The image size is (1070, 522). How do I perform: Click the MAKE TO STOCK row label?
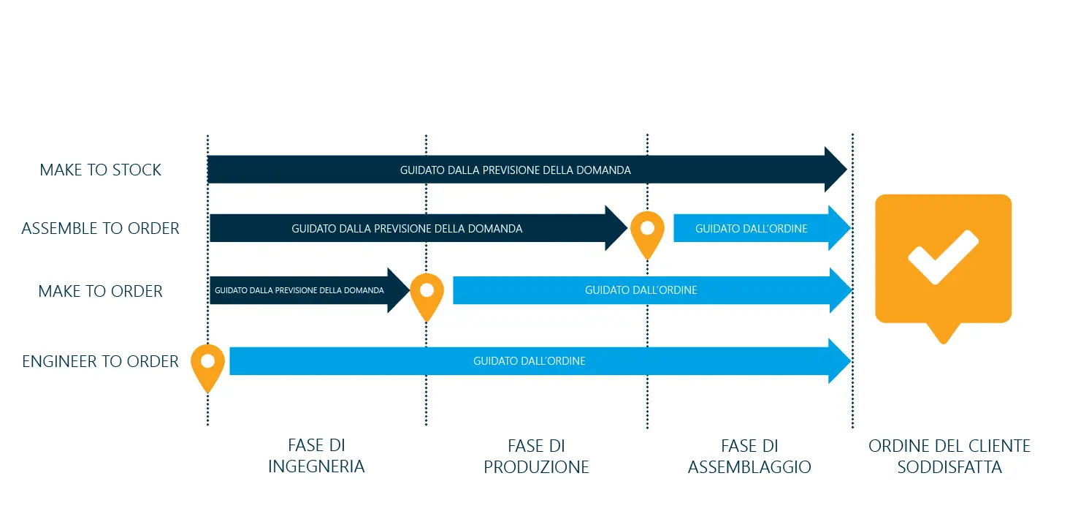pyautogui.click(x=100, y=170)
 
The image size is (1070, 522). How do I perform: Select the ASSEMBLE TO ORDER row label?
pyautogui.click(x=100, y=229)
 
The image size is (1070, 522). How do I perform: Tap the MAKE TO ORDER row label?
pyautogui.click(x=100, y=292)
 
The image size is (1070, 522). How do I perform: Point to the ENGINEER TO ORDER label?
pyautogui.click(x=100, y=362)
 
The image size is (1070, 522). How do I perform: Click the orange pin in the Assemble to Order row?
pyautogui.click(x=647, y=232)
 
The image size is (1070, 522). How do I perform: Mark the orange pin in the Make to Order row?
pyautogui.click(x=427, y=295)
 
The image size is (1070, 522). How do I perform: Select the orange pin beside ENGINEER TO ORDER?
pyautogui.click(x=207, y=366)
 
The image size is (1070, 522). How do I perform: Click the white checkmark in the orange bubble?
pyautogui.click(x=943, y=257)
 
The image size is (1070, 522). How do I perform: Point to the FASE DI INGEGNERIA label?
pyautogui.click(x=316, y=456)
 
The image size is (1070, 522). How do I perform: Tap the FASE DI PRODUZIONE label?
pyautogui.click(x=536, y=456)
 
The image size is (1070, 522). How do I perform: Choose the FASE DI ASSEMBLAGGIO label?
pyautogui.click(x=749, y=456)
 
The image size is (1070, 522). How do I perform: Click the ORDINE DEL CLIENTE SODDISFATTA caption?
pyautogui.click(x=949, y=456)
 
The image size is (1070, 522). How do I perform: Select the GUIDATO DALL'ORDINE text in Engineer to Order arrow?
pyautogui.click(x=529, y=361)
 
